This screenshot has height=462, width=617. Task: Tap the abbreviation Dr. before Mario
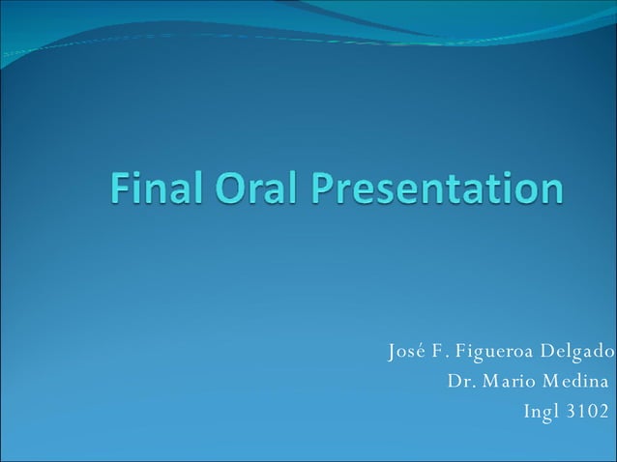click(461, 381)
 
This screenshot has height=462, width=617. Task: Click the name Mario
click(507, 381)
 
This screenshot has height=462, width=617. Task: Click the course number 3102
click(588, 412)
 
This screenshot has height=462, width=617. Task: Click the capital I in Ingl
click(526, 412)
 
